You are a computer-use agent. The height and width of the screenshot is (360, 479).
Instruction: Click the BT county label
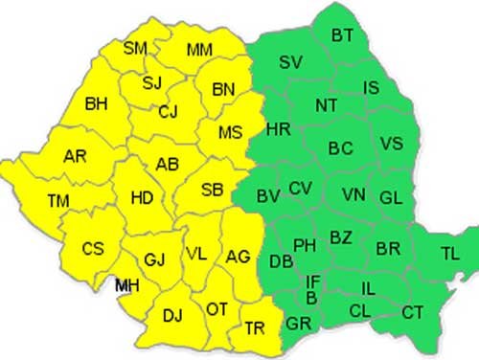coord(343,35)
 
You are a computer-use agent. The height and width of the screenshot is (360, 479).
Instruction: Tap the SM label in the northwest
coord(136,47)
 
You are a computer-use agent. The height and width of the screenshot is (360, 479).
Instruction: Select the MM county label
coord(200,49)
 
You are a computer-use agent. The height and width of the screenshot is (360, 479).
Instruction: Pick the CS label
coord(92,249)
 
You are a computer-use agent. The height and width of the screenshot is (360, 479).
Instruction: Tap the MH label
coord(126,285)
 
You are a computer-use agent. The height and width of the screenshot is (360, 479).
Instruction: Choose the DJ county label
coord(172,315)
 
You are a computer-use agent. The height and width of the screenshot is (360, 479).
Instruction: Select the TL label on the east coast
coord(449,254)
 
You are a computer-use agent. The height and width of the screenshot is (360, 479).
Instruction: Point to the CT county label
coord(412,312)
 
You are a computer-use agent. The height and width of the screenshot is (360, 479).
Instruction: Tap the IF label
coord(312,281)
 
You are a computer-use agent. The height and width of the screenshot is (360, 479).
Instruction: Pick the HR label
coord(278,129)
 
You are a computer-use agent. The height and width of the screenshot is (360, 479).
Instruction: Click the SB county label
coord(213,190)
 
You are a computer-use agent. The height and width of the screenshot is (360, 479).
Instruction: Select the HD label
coord(142,198)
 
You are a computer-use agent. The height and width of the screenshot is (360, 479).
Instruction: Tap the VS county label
coord(391,144)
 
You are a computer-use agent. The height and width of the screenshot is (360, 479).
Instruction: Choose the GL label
coord(391,198)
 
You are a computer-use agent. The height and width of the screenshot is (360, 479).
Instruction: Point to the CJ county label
coord(169,112)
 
